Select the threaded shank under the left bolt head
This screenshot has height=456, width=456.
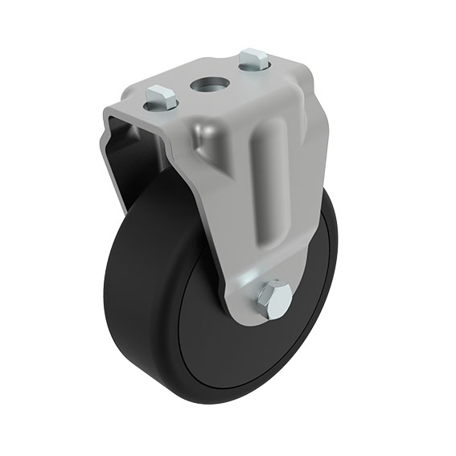(159, 105)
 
